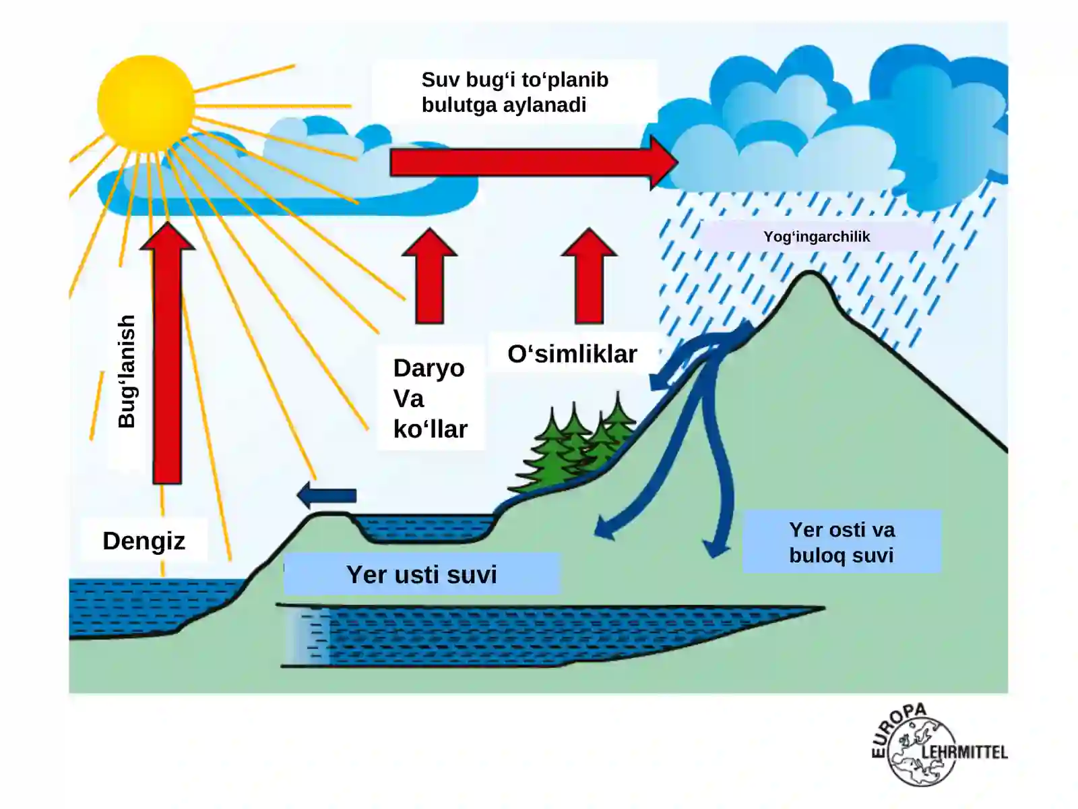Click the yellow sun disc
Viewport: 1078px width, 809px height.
click(146, 104)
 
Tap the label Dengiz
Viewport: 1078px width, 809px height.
click(144, 541)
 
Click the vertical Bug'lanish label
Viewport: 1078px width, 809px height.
click(126, 371)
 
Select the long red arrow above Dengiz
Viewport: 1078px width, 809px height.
click(168, 353)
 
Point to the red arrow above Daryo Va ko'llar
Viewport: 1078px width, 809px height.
click(429, 276)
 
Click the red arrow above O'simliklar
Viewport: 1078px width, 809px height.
click(589, 276)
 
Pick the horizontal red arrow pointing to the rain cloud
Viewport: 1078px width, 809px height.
click(534, 162)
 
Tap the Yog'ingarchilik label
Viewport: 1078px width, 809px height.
click(816, 237)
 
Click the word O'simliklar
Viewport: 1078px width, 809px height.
click(572, 354)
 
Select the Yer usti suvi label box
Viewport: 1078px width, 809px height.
click(421, 574)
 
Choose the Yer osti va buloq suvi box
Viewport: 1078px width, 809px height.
click(842, 542)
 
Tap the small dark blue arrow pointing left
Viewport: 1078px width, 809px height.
click(327, 495)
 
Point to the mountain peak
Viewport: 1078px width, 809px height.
click(809, 273)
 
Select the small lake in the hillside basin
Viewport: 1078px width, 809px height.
click(425, 528)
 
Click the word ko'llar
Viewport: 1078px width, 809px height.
click(431, 429)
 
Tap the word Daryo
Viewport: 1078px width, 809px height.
click(429, 368)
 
